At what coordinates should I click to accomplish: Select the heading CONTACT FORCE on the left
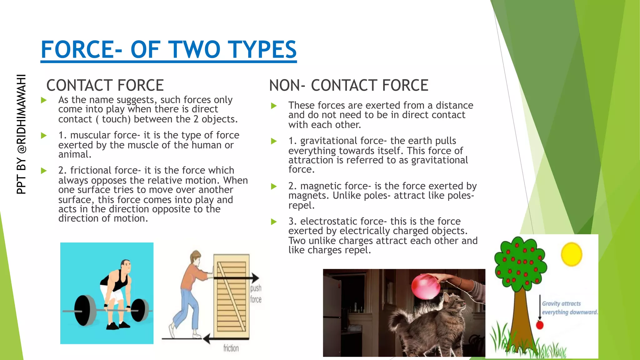(105, 85)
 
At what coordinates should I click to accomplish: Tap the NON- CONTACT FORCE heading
(348, 85)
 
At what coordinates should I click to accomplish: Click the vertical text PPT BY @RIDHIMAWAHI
(21, 134)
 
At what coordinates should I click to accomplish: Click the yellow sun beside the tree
(571, 254)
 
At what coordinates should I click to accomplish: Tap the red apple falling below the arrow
(540, 325)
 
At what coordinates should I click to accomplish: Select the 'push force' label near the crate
(256, 294)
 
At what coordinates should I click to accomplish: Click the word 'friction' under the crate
(231, 348)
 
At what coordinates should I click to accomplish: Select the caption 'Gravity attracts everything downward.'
(569, 308)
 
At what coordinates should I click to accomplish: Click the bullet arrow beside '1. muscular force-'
(44, 136)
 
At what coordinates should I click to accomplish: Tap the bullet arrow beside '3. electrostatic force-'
(274, 222)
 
